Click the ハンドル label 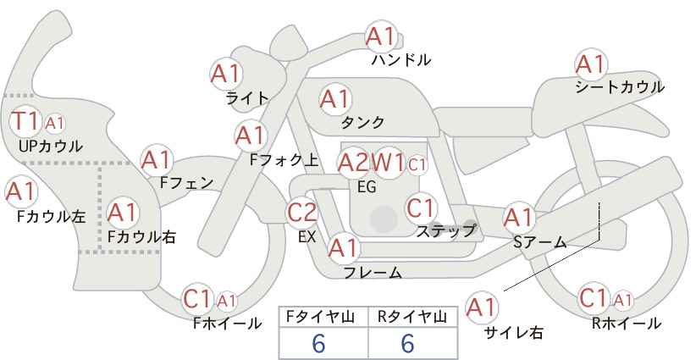[401, 60]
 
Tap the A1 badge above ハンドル [380, 36]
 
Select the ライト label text [247, 97]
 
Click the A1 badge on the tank [334, 99]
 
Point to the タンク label [362, 123]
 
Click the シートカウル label [619, 87]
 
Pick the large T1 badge [25, 121]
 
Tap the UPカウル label [50, 147]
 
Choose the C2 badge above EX [302, 213]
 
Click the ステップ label [445, 230]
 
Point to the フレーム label [372, 273]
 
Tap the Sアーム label [539, 242]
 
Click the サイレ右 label [513, 333]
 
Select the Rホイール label [627, 324]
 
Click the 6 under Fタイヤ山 [318, 344]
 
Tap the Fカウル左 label [51, 217]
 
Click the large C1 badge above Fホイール [197, 298]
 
